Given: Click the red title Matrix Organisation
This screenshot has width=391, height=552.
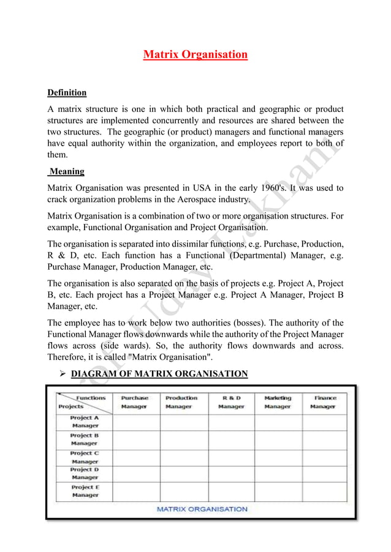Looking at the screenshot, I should pos(195,55).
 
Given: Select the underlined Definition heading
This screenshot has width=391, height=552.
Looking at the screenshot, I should pos(67,93).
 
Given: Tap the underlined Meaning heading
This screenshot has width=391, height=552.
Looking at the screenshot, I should pos(67,171).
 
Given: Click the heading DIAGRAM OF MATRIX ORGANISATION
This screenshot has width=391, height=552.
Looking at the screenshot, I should pos(159,374).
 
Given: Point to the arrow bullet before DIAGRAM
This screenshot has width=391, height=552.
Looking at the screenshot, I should pos(59,374).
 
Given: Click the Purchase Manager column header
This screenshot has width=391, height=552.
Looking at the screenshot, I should pos(134,402).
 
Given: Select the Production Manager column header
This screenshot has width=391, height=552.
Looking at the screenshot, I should pos(181,402).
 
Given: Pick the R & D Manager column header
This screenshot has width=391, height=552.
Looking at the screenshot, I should pos(231,402).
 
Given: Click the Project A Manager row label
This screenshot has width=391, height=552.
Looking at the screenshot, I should pos(85,422).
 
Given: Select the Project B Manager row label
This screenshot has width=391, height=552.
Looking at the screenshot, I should pos(85,439).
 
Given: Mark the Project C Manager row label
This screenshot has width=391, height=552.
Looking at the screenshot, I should pos(85,457).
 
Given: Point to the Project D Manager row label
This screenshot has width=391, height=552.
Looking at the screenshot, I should pos(85,473).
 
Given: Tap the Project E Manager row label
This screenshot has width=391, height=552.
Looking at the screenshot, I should pos(85,491).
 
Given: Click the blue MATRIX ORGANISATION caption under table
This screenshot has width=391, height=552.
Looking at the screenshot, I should pos(202,509).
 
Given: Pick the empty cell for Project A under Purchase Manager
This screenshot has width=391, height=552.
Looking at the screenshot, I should pos(136,422).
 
